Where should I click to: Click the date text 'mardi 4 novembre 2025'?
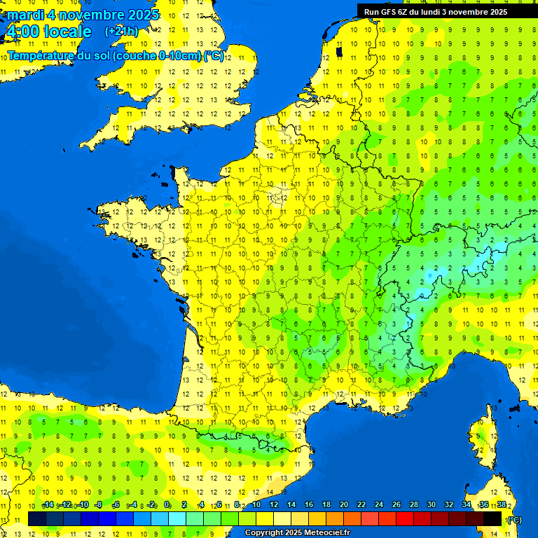[x=83, y=15]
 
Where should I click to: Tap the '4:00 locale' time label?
[x=48, y=32]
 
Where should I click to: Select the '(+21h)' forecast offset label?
[x=121, y=32]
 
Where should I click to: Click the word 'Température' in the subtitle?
[x=41, y=56]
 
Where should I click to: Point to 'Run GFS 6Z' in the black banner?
[x=387, y=12]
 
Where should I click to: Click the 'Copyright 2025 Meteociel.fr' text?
[x=296, y=532]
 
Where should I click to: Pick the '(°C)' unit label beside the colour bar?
[x=514, y=519]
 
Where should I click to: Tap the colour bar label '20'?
[x=343, y=505]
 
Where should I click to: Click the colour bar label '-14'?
[x=48, y=505]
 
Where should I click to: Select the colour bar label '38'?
[x=501, y=505]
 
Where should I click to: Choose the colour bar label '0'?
[x=167, y=505]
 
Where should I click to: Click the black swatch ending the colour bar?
[x=492, y=518]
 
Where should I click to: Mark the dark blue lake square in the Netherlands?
[x=339, y=51]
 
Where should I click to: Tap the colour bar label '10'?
[x=256, y=505]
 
